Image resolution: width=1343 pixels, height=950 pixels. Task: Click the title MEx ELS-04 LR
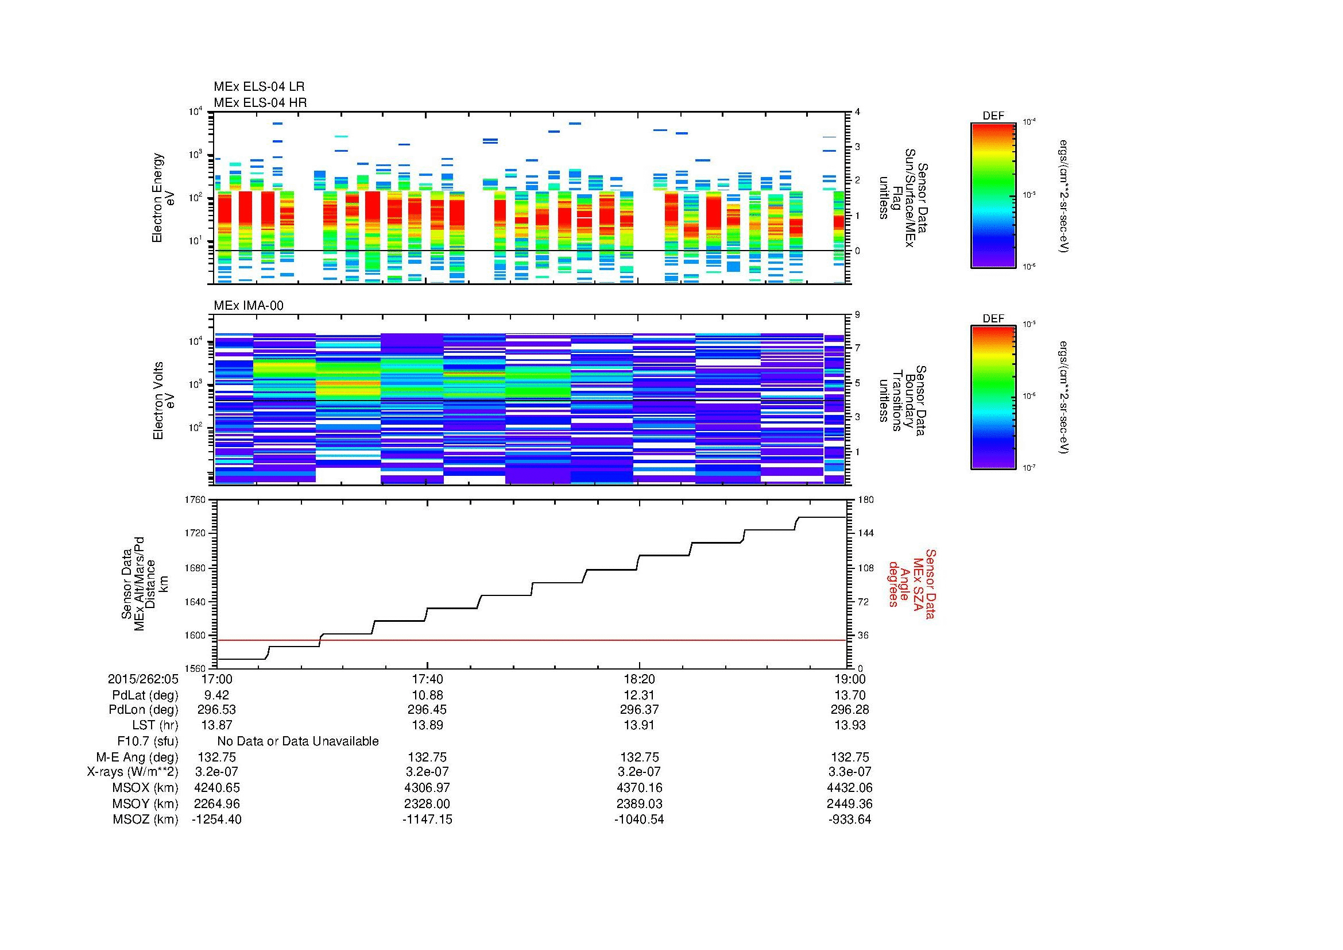pos(258,87)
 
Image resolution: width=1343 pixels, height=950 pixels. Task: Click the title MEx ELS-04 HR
pos(260,103)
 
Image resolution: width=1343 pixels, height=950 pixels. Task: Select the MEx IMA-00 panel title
pos(248,306)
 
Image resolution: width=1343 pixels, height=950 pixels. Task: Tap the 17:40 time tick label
pos(427,679)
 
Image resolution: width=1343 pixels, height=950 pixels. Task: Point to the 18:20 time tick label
pos(639,679)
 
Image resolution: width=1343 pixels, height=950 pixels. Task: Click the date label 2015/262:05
pos(143,679)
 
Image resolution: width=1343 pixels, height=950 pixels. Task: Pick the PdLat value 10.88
pos(427,695)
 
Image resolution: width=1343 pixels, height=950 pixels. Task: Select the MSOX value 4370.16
pos(639,788)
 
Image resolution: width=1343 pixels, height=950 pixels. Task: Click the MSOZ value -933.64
pos(849,820)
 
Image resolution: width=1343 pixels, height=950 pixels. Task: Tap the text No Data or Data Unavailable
pos(298,741)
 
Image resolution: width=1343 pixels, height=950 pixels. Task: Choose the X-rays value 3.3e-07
pos(850,772)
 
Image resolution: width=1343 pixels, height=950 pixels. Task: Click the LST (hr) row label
pos(154,726)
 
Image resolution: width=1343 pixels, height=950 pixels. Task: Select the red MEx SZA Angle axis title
pos(911,583)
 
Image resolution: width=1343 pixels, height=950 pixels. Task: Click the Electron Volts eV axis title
pos(164,401)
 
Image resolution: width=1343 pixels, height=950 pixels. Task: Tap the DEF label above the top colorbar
pos(993,116)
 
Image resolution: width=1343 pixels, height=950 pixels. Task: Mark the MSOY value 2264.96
pos(216,803)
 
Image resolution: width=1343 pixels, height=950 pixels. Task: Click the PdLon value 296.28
pos(850,710)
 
